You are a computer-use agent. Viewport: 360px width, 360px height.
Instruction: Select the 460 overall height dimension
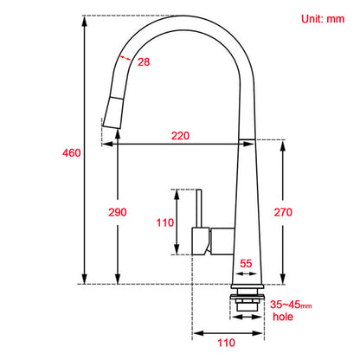72,153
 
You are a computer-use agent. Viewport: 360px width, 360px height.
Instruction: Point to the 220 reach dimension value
181,136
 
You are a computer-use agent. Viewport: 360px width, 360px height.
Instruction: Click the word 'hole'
283,317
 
